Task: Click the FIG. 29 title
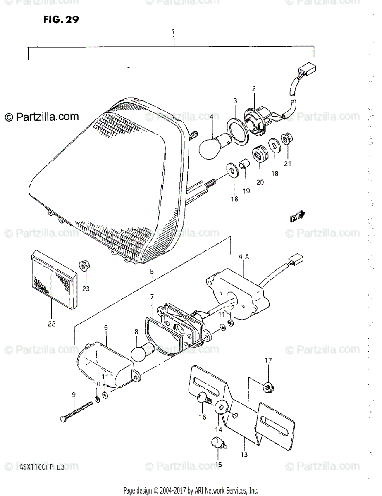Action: [x=60, y=19]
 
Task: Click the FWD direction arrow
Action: [x=297, y=216]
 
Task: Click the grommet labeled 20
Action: [x=260, y=154]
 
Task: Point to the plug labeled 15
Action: [x=218, y=444]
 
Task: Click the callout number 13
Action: [x=244, y=455]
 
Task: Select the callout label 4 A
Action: [x=244, y=256]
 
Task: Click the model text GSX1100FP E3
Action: [x=41, y=467]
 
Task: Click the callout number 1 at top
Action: [x=174, y=31]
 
